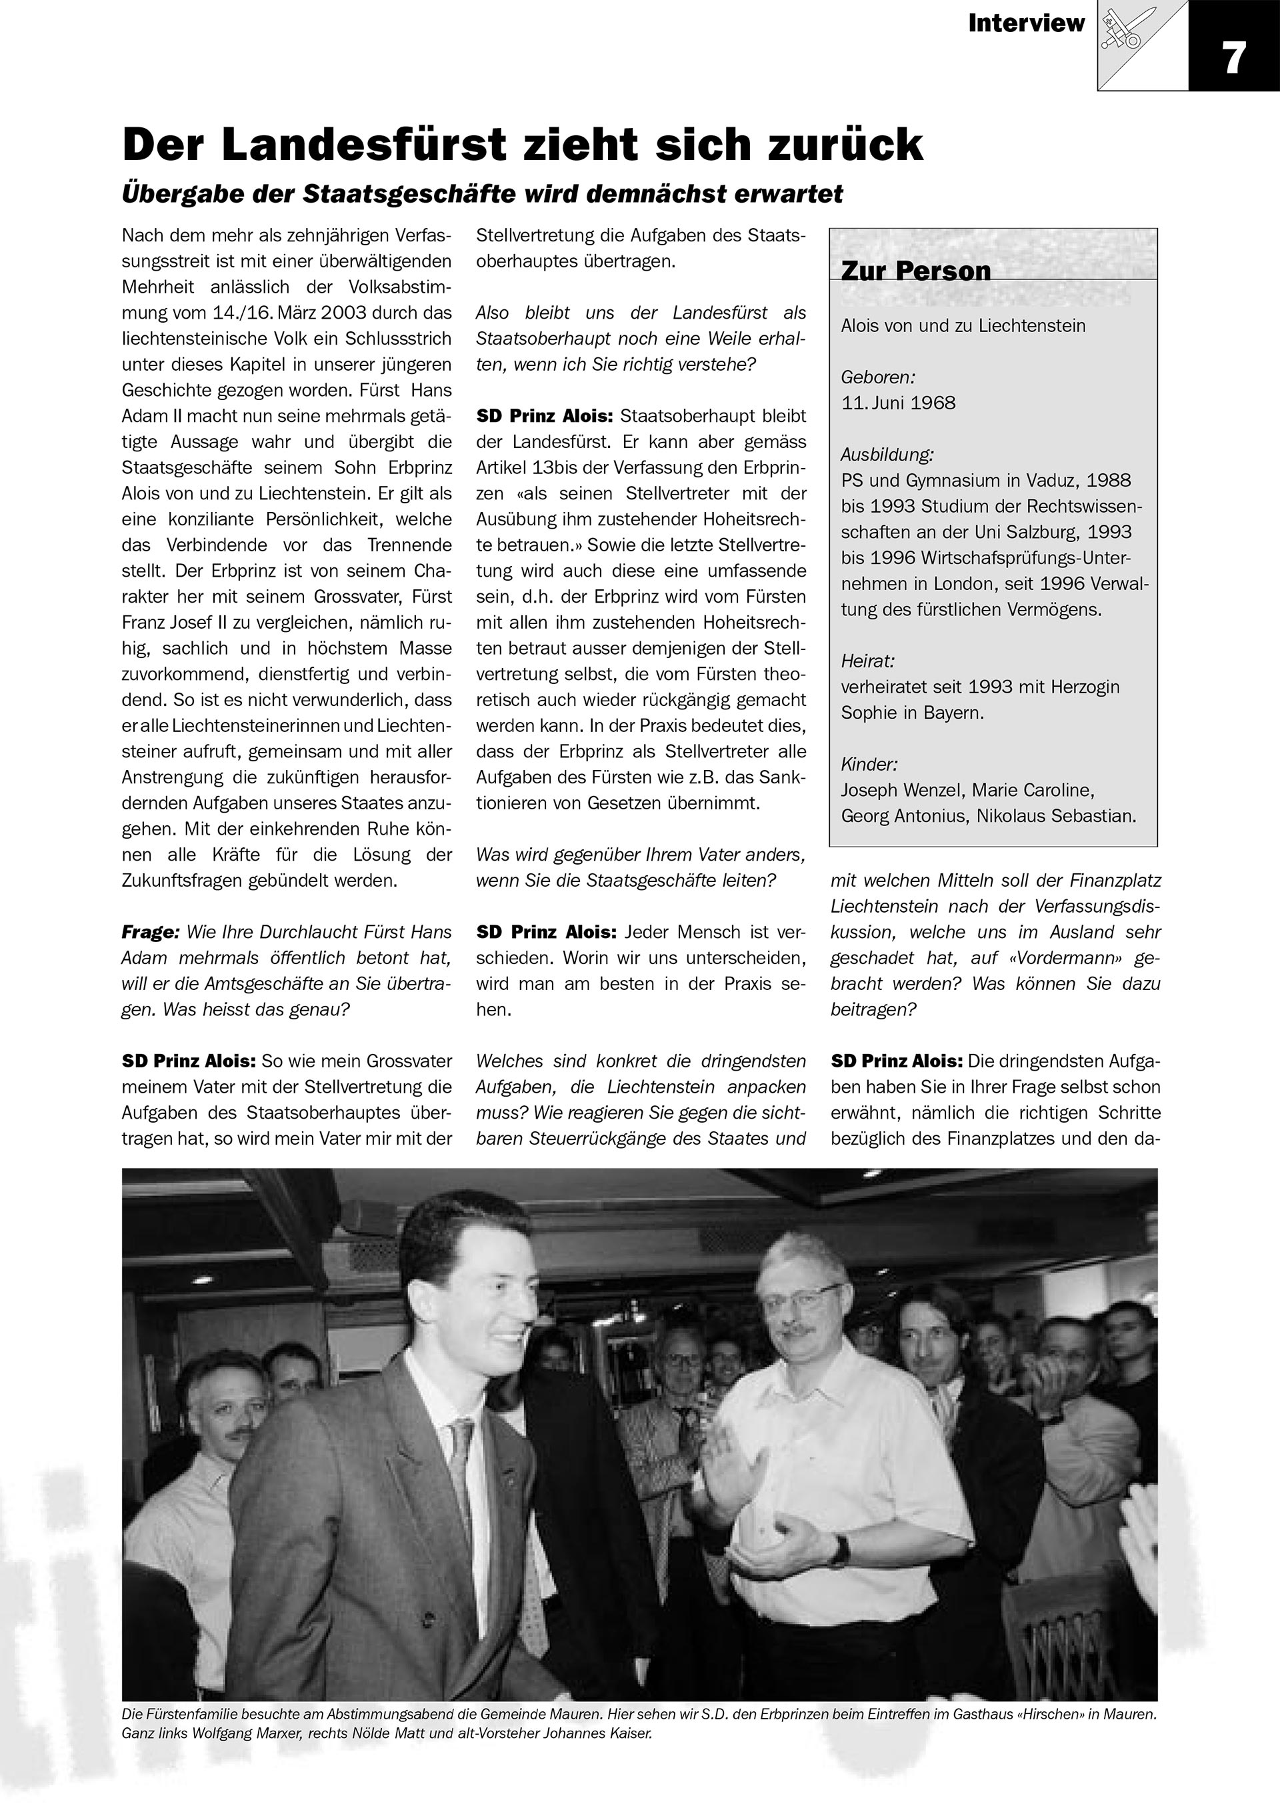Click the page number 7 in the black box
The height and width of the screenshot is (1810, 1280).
1233,57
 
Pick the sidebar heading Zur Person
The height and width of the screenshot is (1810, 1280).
915,271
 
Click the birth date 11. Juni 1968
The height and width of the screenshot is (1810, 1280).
898,403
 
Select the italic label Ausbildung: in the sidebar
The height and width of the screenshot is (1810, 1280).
887,454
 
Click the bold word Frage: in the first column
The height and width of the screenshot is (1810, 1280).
151,932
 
